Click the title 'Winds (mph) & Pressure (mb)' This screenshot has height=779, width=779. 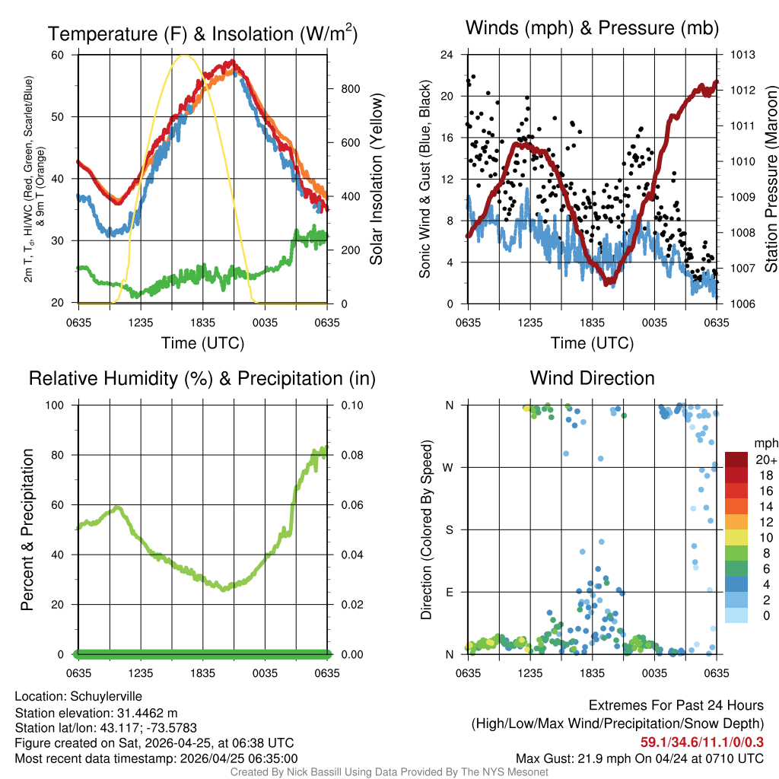click(x=592, y=29)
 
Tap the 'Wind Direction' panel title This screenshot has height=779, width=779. click(x=592, y=378)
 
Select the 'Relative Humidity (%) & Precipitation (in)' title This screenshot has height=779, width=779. click(x=202, y=378)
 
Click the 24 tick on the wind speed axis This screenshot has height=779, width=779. click(x=447, y=55)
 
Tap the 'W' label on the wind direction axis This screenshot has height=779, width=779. click(x=450, y=467)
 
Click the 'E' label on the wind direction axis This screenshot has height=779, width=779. click(x=450, y=592)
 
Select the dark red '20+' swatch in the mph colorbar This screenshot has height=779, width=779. click(x=736, y=459)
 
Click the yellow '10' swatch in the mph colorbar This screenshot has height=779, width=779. click(x=736, y=537)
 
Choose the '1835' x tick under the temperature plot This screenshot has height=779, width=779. click(x=203, y=323)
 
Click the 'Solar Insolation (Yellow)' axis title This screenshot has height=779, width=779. click(x=377, y=180)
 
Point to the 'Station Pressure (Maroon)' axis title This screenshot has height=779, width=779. click(x=770, y=180)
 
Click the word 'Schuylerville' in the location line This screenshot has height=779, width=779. click(x=106, y=696)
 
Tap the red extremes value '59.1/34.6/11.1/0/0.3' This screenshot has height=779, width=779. click(x=702, y=741)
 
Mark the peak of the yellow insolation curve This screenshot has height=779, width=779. click(x=183, y=56)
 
